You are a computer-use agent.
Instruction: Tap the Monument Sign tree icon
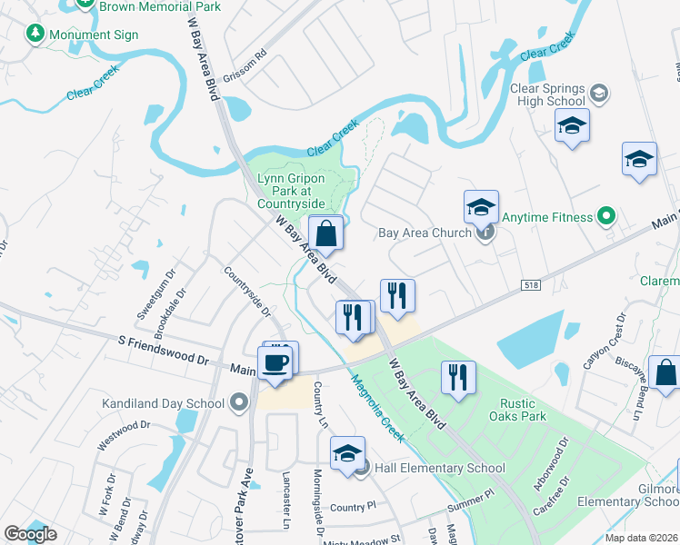pyautogui.click(x=35, y=35)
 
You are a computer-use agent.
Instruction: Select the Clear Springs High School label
pyautogui.click(x=547, y=95)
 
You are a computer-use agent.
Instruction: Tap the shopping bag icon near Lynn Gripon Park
pyautogui.click(x=326, y=234)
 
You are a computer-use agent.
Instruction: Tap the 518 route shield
pyautogui.click(x=532, y=285)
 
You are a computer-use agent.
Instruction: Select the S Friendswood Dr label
pyautogui.click(x=165, y=351)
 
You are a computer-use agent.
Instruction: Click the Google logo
pyautogui.click(x=31, y=534)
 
